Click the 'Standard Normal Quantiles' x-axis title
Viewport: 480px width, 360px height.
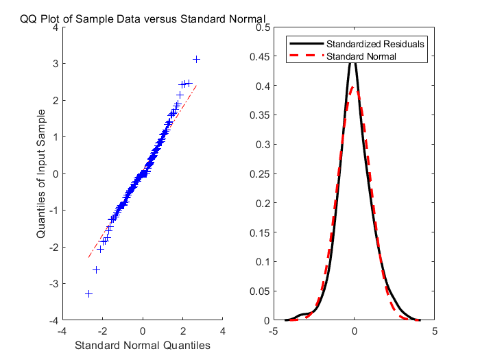tap(142, 344)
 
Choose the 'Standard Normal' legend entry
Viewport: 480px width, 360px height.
tap(361, 56)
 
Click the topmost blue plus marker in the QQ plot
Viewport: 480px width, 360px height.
tap(197, 60)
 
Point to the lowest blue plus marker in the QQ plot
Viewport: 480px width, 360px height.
tap(88, 293)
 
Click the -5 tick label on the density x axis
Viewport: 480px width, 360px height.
tap(272, 331)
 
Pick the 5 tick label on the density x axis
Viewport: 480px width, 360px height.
tap(435, 331)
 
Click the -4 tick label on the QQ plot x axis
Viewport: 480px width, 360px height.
tap(61, 331)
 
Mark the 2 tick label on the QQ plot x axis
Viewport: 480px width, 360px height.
tap(183, 331)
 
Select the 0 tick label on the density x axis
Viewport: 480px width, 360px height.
tap(355, 331)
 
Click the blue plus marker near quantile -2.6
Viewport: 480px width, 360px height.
tap(97, 269)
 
